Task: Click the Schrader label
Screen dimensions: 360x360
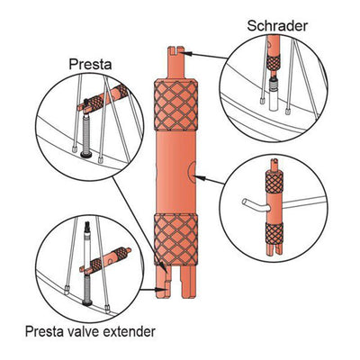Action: [277, 26]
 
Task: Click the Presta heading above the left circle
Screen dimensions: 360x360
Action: [90, 64]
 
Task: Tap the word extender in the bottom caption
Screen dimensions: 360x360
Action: [130, 332]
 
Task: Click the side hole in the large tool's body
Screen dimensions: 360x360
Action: [192, 172]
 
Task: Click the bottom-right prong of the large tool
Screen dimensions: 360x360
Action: [189, 282]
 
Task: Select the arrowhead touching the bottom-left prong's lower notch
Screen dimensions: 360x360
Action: [161, 290]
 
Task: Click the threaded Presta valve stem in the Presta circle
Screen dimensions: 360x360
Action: [86, 133]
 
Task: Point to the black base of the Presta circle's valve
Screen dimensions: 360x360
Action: [86, 155]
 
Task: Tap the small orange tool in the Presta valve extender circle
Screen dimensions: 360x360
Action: [105, 260]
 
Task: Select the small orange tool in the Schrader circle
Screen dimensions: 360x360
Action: [274, 57]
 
